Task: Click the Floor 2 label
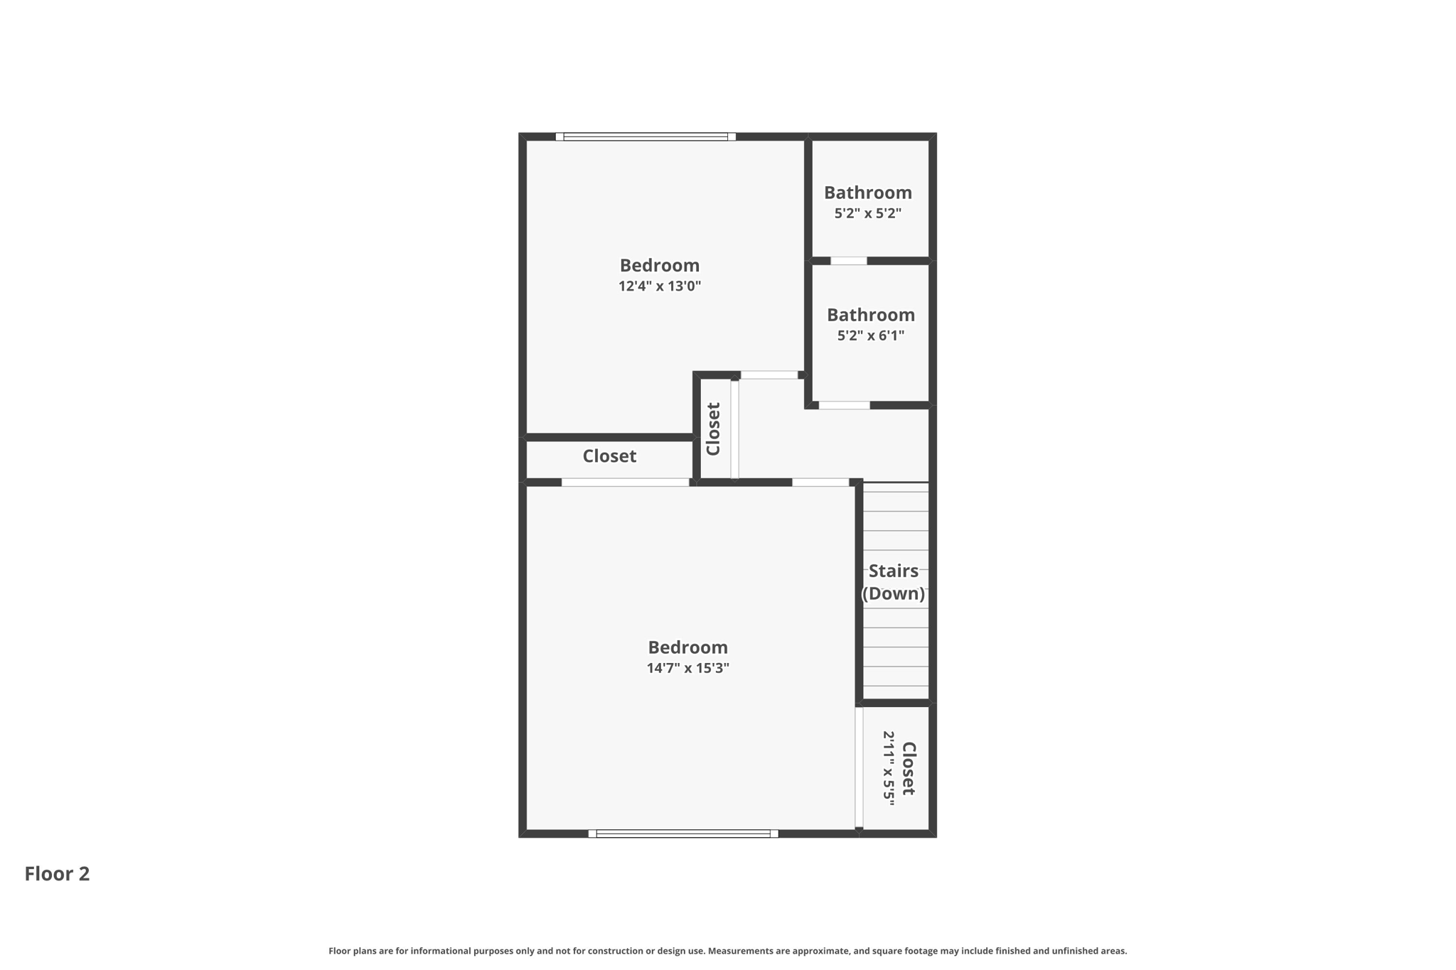pyautogui.click(x=57, y=873)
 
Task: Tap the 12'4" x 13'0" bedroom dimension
pyautogui.click(x=660, y=286)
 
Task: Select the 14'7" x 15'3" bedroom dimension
pyautogui.click(x=687, y=668)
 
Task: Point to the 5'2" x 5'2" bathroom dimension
pyautogui.click(x=867, y=213)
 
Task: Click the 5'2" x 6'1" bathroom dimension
pyautogui.click(x=870, y=335)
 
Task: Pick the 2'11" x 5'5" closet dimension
pyautogui.click(x=889, y=768)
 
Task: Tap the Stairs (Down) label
pyautogui.click(x=894, y=582)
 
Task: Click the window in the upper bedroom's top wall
pyautogui.click(x=646, y=136)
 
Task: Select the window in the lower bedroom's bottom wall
pyautogui.click(x=683, y=834)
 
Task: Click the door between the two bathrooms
pyautogui.click(x=849, y=261)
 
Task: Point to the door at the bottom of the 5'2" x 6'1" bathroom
pyautogui.click(x=844, y=406)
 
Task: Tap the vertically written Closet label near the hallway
pyautogui.click(x=713, y=429)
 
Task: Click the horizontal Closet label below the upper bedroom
pyautogui.click(x=609, y=456)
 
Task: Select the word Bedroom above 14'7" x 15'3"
pyautogui.click(x=687, y=647)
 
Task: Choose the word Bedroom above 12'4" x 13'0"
pyautogui.click(x=660, y=266)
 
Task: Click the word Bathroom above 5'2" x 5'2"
pyautogui.click(x=867, y=193)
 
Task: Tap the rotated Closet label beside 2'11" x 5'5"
pyautogui.click(x=909, y=768)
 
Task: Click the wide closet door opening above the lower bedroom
pyautogui.click(x=625, y=483)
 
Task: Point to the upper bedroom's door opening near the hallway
pyautogui.click(x=769, y=375)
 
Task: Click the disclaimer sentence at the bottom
pyautogui.click(x=727, y=951)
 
